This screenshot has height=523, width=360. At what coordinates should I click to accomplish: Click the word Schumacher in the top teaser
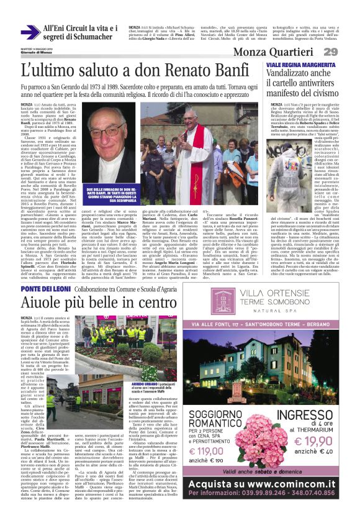[90, 40]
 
